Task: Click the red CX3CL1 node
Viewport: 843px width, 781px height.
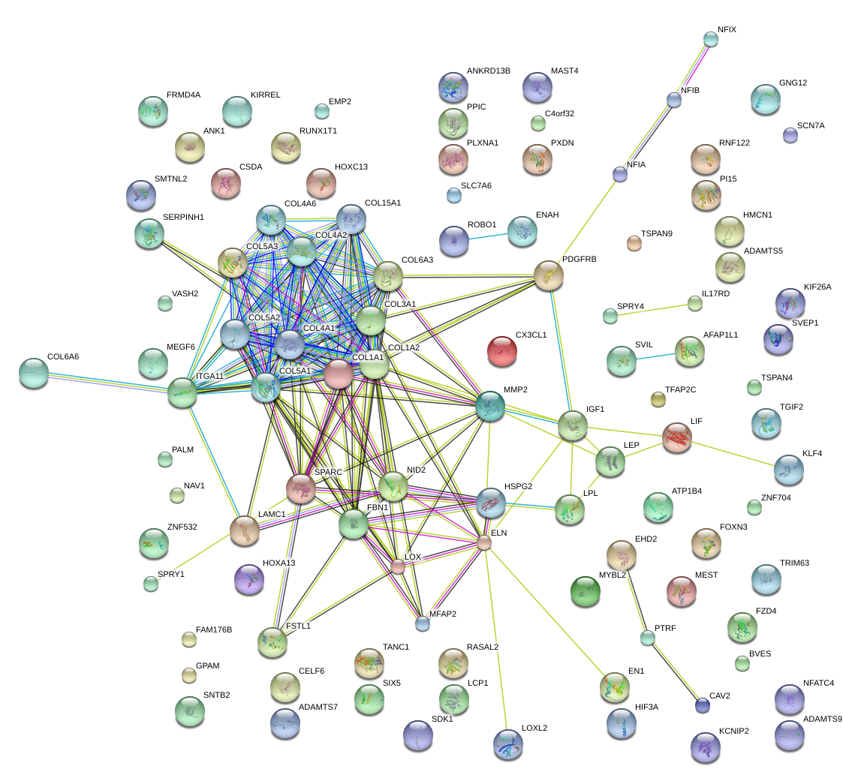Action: [x=502, y=350]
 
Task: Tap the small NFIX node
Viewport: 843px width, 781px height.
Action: [x=711, y=39]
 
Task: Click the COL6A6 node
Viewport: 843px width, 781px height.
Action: [x=33, y=372]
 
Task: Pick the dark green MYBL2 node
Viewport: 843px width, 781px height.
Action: [x=586, y=591]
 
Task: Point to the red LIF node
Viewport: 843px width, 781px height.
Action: [x=677, y=437]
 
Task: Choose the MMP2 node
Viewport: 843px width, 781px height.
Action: [x=489, y=406]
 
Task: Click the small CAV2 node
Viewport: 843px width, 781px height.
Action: [x=702, y=704]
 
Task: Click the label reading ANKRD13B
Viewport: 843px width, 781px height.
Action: [x=488, y=71]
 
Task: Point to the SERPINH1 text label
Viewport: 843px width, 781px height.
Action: [x=183, y=217]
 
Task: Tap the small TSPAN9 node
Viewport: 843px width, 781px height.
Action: [x=634, y=242]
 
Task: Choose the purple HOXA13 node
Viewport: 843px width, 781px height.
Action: [x=249, y=578]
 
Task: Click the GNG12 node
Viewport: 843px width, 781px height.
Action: [x=765, y=98]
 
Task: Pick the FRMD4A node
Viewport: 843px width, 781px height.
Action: [x=153, y=111]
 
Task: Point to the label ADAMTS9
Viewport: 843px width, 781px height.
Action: [x=822, y=719]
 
